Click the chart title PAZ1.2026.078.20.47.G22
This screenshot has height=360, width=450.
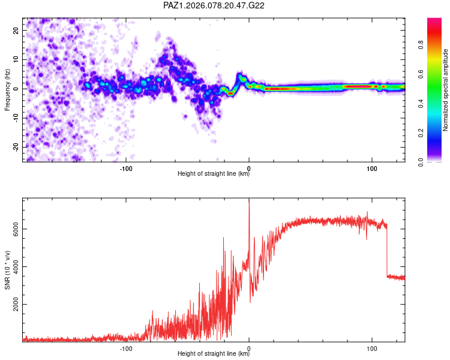(214, 5)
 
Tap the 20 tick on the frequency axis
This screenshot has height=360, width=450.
(16, 30)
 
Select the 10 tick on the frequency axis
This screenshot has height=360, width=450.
(16, 59)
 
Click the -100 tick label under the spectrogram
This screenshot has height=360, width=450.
(126, 169)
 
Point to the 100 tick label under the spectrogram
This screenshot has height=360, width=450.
(371, 169)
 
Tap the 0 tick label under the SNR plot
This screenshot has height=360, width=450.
(249, 349)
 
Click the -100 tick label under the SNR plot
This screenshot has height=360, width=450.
(126, 349)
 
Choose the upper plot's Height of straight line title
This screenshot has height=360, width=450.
(214, 175)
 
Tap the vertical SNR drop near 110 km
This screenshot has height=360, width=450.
(387, 252)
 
